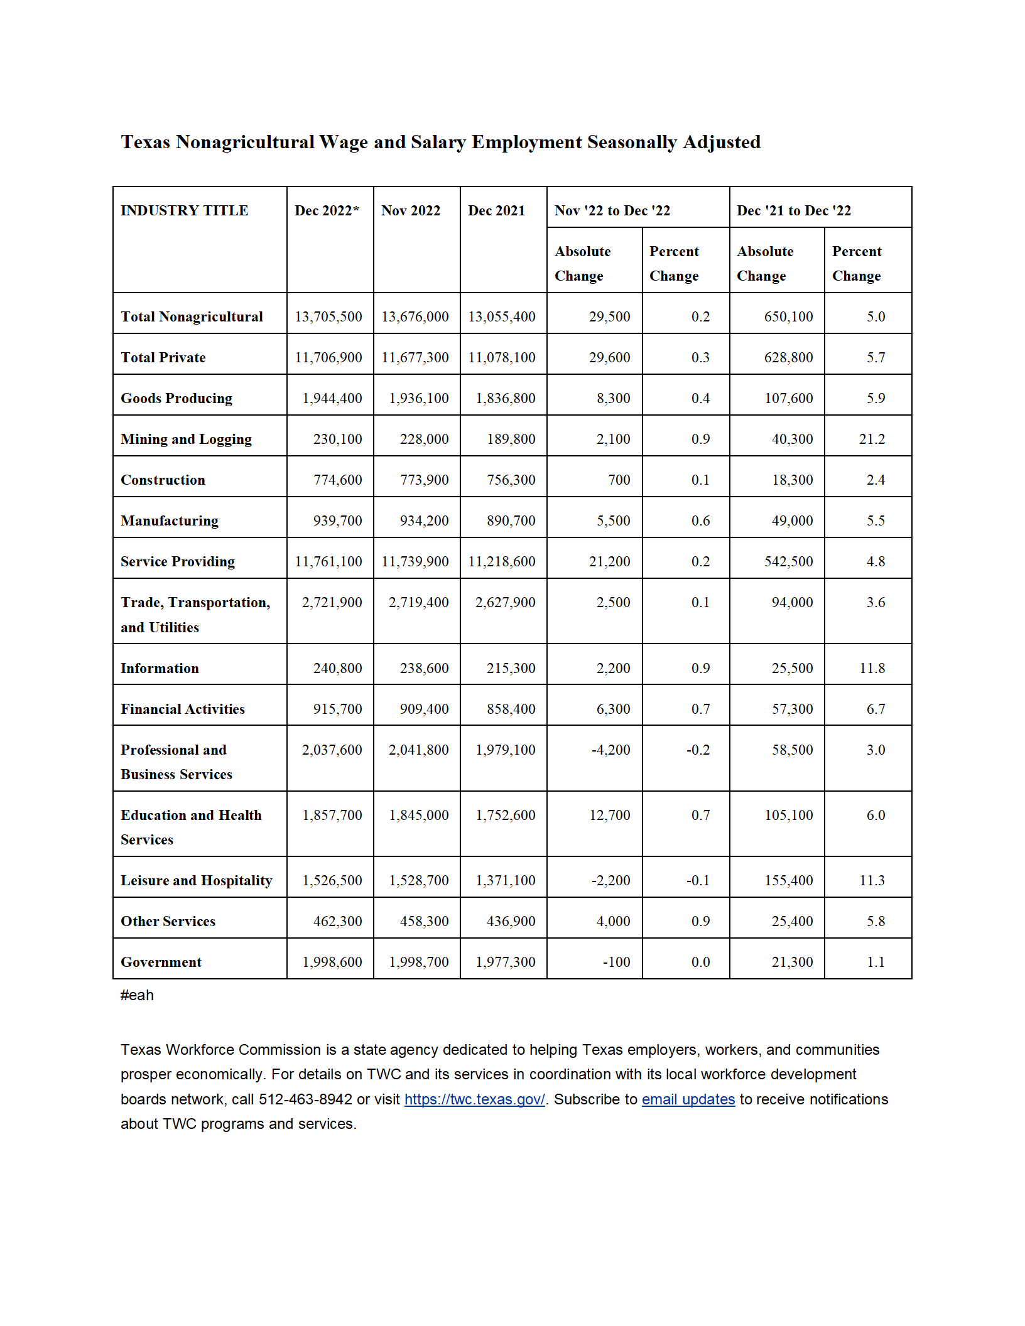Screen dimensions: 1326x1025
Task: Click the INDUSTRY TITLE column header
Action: (184, 211)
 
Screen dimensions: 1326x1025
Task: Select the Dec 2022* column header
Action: (327, 211)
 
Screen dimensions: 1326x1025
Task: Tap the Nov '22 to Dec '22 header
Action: (612, 211)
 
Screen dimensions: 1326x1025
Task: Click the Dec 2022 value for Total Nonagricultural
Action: (328, 317)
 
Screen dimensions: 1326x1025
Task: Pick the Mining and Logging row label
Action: (186, 439)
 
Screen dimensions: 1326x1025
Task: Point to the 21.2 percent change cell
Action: (872, 439)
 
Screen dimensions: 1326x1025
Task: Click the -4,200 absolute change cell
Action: (610, 750)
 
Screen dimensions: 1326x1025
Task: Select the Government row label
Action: (161, 962)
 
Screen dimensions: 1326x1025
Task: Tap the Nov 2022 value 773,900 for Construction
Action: (424, 480)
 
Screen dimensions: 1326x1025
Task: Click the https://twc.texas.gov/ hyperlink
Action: (474, 1100)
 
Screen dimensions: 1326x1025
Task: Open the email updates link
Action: (688, 1100)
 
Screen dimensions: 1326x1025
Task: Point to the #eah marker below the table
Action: (137, 996)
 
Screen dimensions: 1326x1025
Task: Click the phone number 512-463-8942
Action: (305, 1100)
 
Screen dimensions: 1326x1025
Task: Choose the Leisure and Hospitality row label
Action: (196, 881)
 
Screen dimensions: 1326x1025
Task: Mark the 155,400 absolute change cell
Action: (788, 881)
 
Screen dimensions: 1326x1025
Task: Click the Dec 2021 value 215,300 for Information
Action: (511, 669)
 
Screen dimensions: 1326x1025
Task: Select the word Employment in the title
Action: (526, 143)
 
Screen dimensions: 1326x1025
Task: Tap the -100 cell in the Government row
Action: (616, 962)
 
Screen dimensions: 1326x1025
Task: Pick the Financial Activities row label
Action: (182, 709)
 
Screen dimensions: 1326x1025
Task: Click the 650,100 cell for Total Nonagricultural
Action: (788, 317)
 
